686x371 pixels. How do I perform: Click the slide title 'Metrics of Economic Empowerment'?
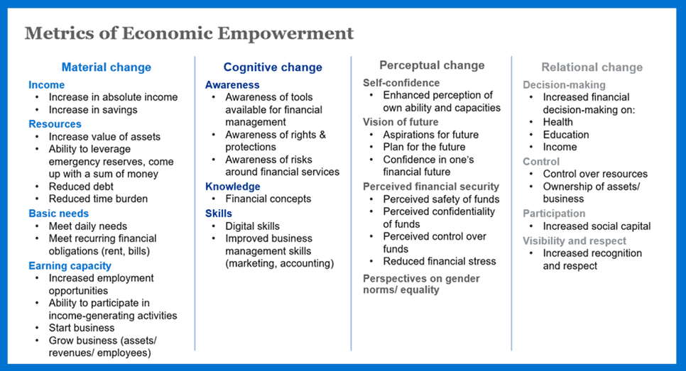[189, 33]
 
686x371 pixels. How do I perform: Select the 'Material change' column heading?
[107, 67]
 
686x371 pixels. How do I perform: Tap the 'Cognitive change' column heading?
[273, 67]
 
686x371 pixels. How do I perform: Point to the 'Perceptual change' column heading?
[432, 65]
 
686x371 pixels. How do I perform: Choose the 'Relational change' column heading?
[592, 67]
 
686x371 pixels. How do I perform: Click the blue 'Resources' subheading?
[55, 124]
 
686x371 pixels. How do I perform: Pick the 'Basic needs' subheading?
[59, 214]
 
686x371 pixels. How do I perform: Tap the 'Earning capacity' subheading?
[70, 266]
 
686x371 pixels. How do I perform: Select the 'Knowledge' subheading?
[233, 187]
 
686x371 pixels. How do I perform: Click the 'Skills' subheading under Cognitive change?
[218, 214]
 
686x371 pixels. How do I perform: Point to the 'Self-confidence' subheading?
[401, 83]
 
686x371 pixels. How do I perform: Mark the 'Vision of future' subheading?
[401, 122]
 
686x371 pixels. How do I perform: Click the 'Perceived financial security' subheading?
[431, 187]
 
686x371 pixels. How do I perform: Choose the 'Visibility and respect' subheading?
[575, 240]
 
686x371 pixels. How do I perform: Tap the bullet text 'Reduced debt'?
[81, 187]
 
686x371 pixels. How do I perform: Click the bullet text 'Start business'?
[82, 328]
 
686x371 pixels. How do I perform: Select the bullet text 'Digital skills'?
[252, 226]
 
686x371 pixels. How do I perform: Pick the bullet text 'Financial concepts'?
[268, 199]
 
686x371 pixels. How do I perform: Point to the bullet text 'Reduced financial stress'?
[440, 261]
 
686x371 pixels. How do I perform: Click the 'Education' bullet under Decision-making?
[566, 135]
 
